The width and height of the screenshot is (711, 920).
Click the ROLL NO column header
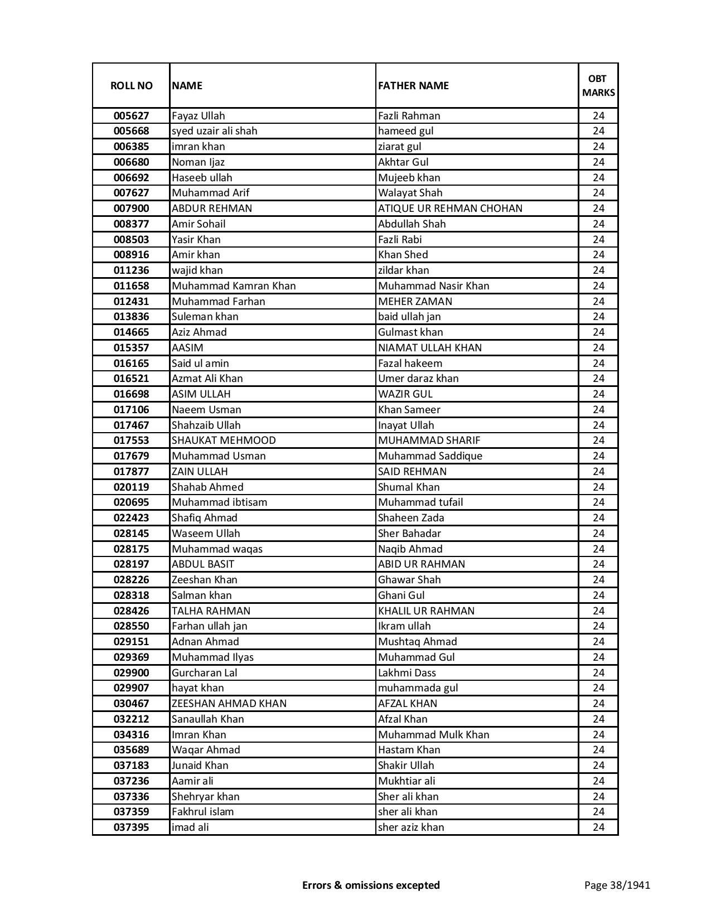pos(131,85)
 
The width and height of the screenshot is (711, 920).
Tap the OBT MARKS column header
pos(598,85)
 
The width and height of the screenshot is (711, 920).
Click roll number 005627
pos(131,116)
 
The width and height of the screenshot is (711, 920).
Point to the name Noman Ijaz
pos(198,162)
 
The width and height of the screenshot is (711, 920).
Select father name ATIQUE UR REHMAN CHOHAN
pos(450,209)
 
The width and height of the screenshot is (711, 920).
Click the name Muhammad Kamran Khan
pos(234,286)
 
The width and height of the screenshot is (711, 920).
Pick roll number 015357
pos(131,348)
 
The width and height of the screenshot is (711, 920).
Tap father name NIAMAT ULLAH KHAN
pos(429,348)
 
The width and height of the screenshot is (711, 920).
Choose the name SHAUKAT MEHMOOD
pos(224,440)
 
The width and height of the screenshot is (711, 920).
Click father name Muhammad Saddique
pos(430,456)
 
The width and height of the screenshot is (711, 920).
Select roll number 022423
pos(131,518)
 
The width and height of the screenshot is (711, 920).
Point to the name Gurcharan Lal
pos(204,673)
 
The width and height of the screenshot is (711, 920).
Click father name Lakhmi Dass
pos(407,673)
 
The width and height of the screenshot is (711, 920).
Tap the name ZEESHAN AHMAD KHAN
pos(229,704)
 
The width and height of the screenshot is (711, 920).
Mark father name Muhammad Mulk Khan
pos(433,735)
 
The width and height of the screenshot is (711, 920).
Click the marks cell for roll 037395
pos(598,827)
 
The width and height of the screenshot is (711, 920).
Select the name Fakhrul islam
pos(202,812)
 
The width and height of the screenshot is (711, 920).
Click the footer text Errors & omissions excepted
pos(371,885)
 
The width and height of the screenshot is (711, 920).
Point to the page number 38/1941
pos(617,885)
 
